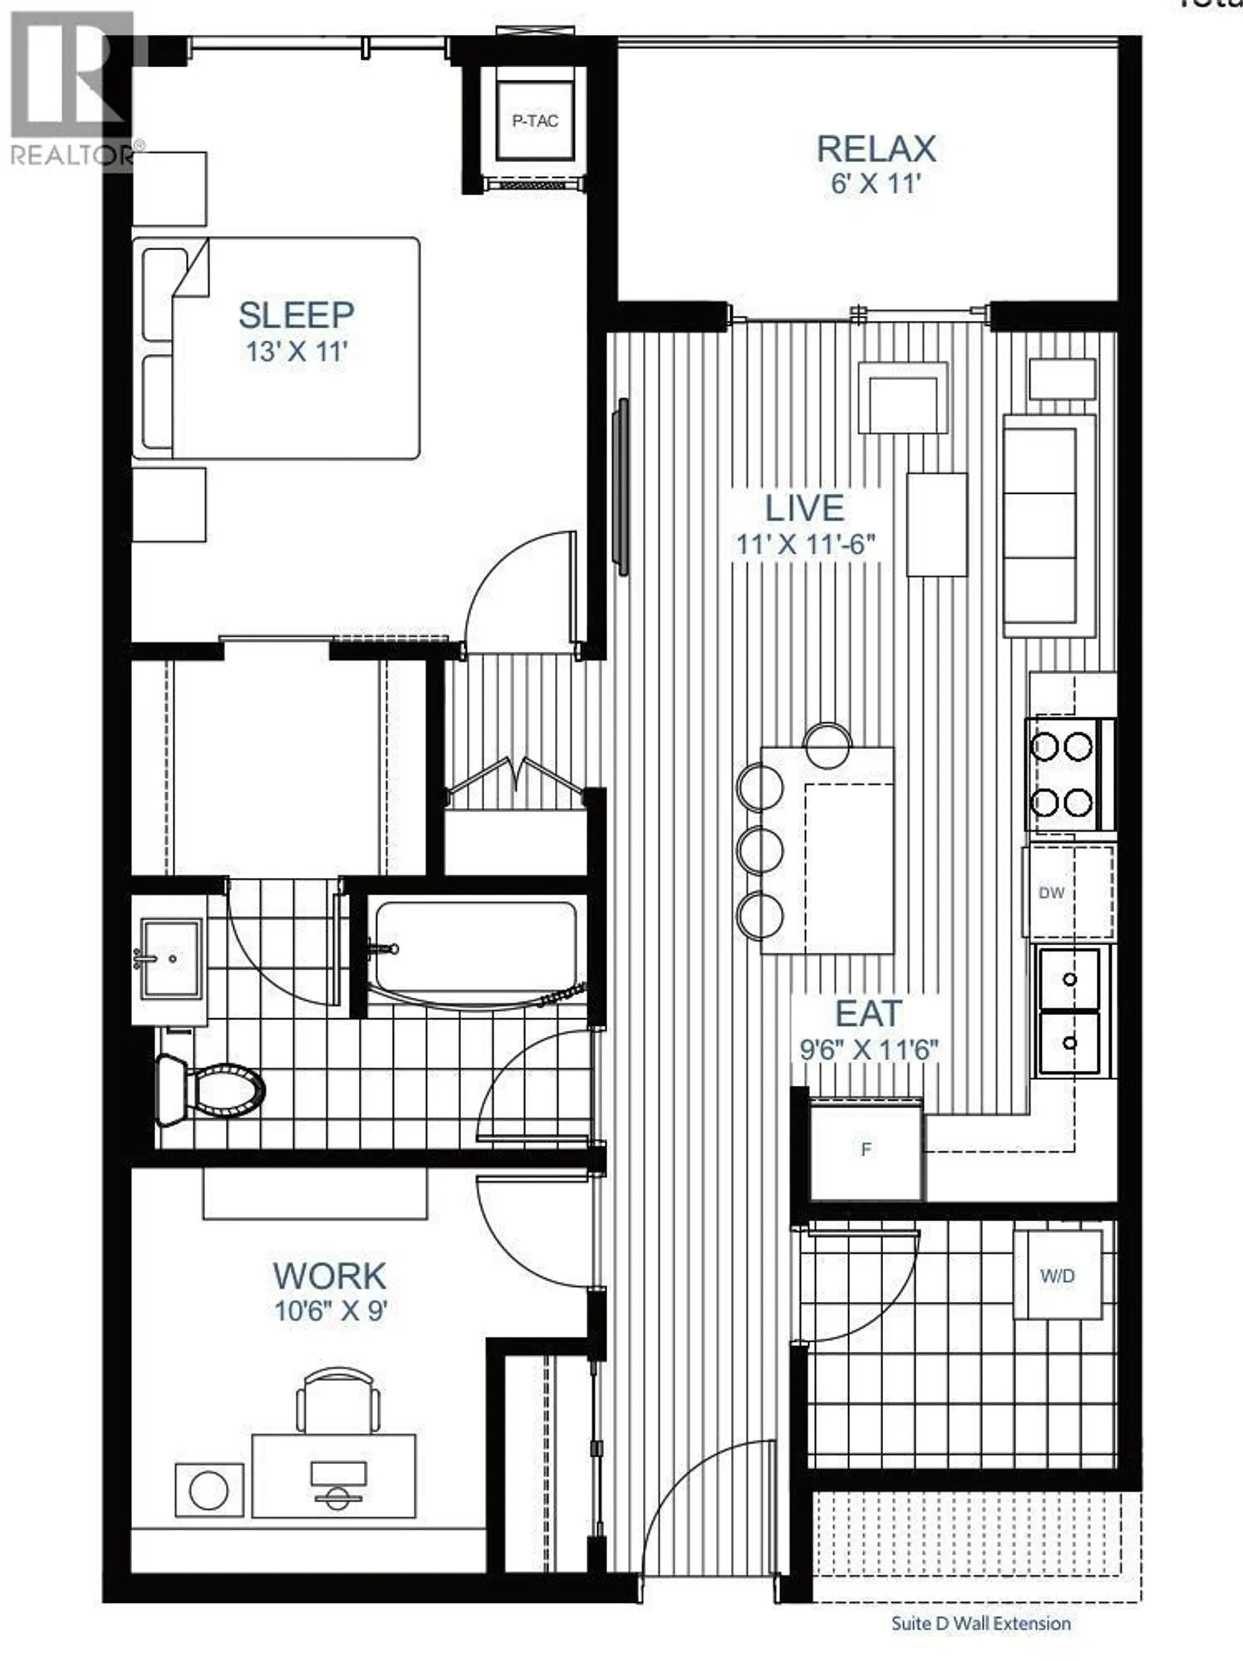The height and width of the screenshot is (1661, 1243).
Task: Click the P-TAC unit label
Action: tap(535, 121)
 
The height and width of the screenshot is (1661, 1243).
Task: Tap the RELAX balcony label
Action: tap(875, 149)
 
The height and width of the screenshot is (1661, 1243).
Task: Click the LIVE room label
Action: tap(804, 509)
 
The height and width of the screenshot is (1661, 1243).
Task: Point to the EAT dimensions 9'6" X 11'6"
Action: tap(868, 1049)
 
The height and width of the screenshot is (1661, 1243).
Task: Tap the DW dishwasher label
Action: tap(1051, 893)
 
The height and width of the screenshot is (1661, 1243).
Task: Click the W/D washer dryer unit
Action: tap(1058, 1275)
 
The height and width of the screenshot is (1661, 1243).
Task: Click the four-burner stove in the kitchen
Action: tap(1061, 775)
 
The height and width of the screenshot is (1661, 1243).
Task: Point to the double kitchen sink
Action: tap(1069, 1011)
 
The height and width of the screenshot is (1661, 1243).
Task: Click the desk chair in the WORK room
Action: tap(337, 1397)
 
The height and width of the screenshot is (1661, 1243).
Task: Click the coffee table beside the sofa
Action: tap(937, 524)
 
